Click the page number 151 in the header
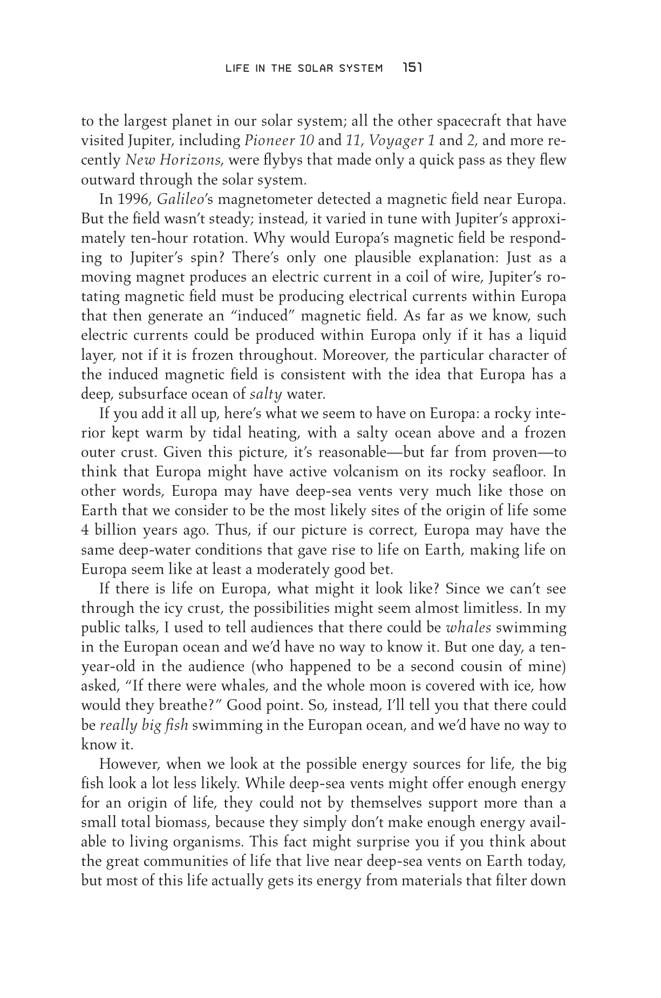coord(411,68)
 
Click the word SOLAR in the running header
coord(308,69)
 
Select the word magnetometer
coord(253,200)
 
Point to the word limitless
coord(490,608)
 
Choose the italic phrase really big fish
coord(144,725)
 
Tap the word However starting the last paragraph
coord(129,764)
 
